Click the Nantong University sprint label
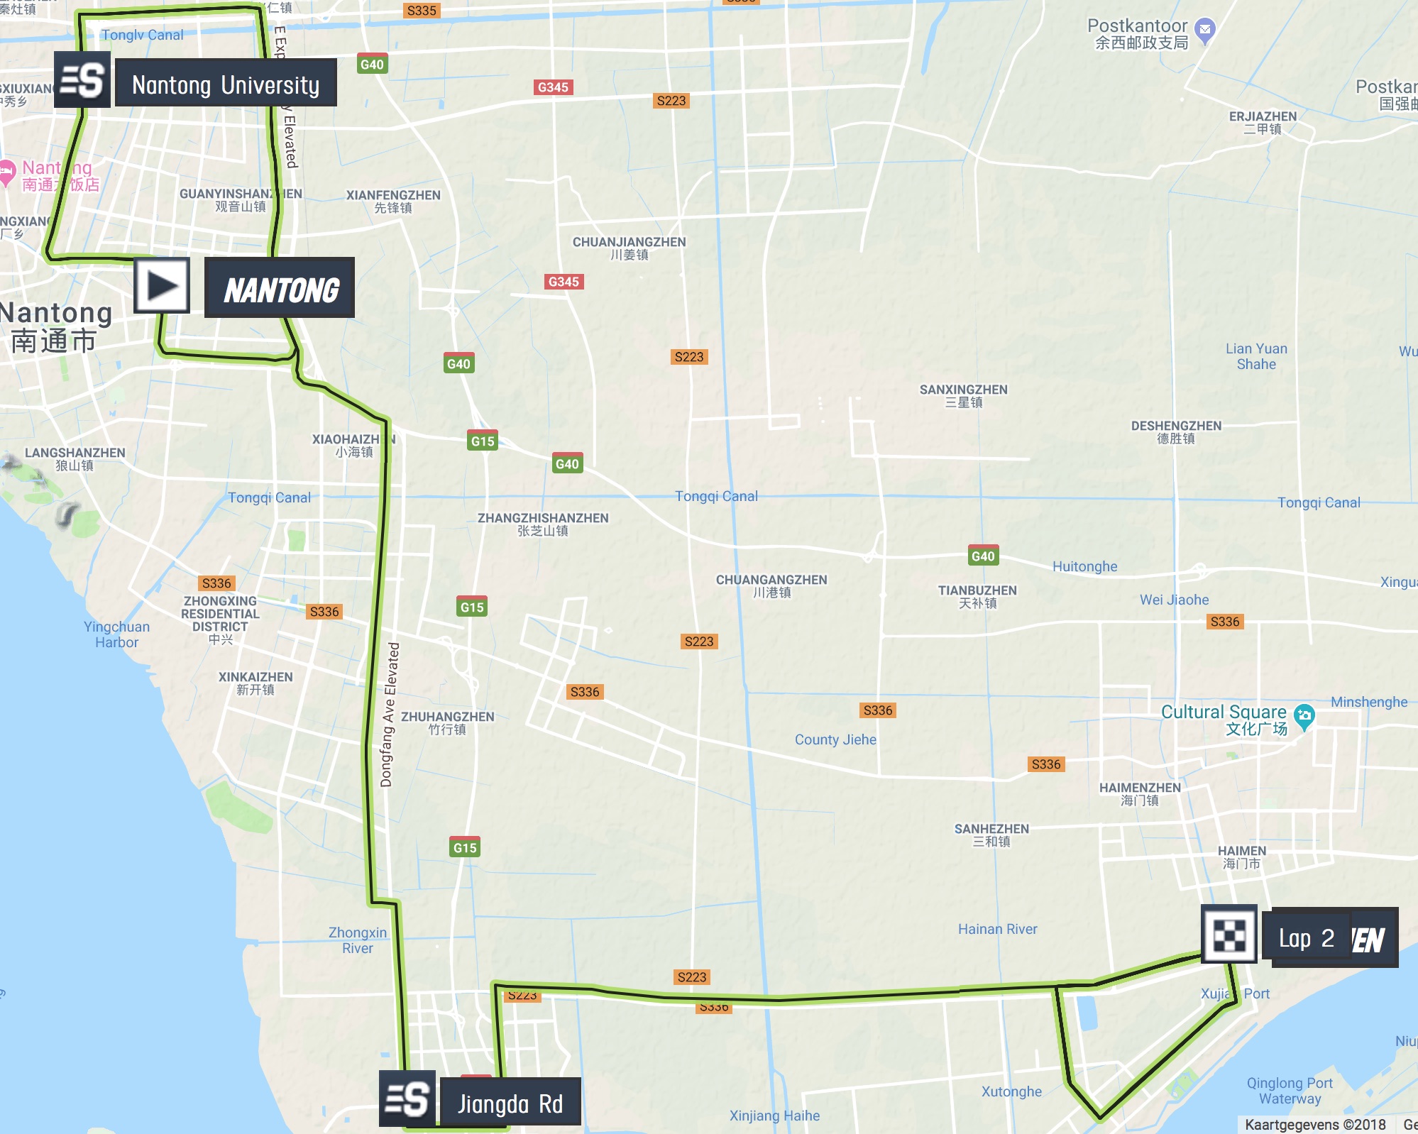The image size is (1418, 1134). click(x=226, y=84)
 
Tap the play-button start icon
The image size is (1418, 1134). click(x=162, y=286)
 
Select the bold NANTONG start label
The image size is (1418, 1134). click(x=280, y=288)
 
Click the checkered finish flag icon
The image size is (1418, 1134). click(x=1229, y=935)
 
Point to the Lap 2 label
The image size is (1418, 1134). click(x=1306, y=938)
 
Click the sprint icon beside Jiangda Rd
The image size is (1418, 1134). click(x=407, y=1099)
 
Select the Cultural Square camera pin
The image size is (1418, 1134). click(x=1304, y=716)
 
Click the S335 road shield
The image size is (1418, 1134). click(x=422, y=10)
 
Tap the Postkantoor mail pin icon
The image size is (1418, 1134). click(x=1204, y=30)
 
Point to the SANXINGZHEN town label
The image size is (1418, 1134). click(x=963, y=395)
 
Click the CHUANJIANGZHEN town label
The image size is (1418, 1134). click(x=629, y=248)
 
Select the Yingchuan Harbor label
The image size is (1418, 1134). click(x=116, y=634)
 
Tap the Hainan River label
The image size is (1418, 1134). click(x=997, y=929)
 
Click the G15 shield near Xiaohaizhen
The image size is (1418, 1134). click(x=483, y=441)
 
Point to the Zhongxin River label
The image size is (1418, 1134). click(x=357, y=940)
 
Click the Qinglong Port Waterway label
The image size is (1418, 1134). click(x=1290, y=1091)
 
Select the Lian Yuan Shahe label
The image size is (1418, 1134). click(x=1255, y=356)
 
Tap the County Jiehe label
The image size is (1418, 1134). click(x=835, y=739)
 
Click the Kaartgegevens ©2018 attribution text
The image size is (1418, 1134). click(x=1314, y=1125)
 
